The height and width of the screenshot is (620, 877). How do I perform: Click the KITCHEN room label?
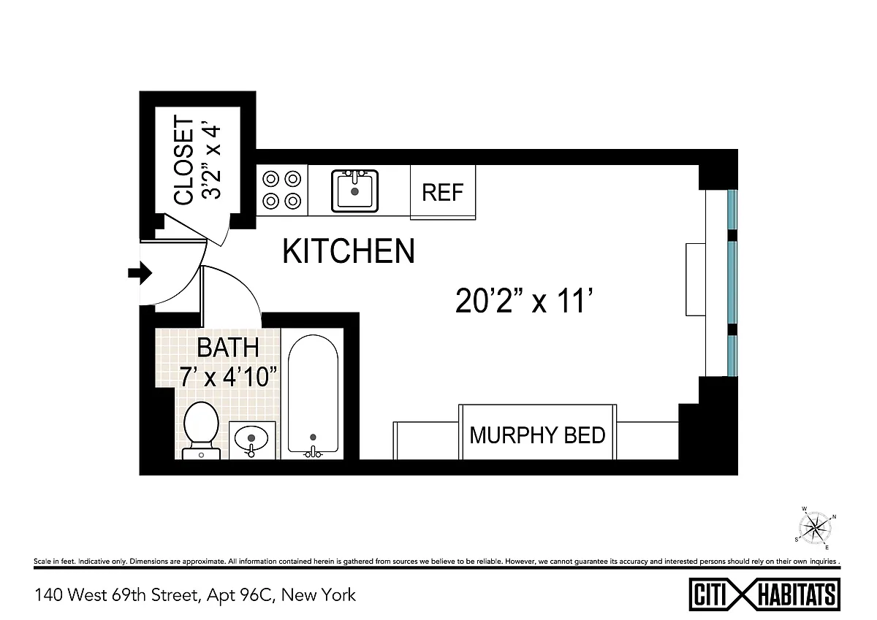tap(348, 250)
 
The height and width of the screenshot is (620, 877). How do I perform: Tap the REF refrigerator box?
tap(443, 192)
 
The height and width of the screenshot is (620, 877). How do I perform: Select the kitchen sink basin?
tap(354, 191)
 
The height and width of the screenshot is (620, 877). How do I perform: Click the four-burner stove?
tap(282, 190)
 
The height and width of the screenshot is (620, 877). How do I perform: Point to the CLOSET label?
tap(183, 160)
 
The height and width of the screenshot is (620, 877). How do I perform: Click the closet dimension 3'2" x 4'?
tap(211, 162)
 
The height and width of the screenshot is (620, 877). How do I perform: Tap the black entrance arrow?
tap(140, 272)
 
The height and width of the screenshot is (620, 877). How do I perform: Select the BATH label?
tap(228, 348)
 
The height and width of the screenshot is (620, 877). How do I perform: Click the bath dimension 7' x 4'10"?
tap(228, 376)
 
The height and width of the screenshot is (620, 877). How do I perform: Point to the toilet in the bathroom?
tap(201, 430)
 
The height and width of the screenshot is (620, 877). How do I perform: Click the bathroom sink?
tap(251, 440)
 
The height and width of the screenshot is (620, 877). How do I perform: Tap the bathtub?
tap(313, 395)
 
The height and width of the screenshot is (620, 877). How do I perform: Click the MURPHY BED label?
tap(537, 435)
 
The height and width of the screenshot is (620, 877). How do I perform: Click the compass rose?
tap(815, 529)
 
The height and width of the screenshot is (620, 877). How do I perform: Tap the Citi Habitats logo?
tap(764, 594)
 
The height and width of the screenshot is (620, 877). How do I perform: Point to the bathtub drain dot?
tap(313, 437)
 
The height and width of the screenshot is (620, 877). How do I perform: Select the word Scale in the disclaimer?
tap(42, 562)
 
